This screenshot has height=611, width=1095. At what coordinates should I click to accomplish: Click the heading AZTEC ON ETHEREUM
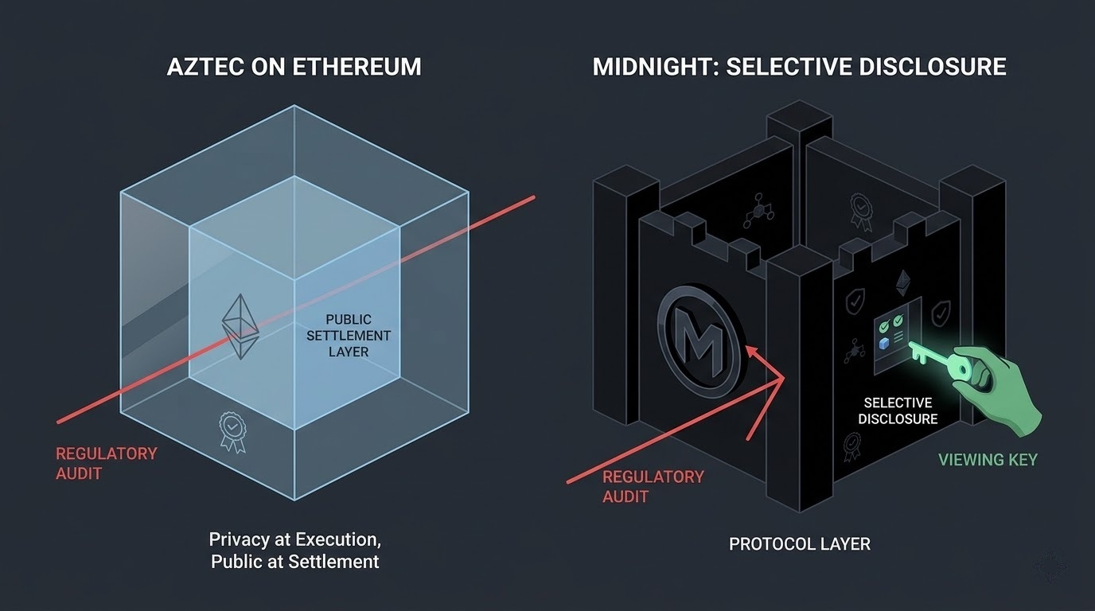[294, 66]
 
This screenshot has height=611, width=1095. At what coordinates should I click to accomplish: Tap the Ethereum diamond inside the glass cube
[241, 326]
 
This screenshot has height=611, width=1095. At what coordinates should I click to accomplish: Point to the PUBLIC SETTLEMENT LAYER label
[349, 335]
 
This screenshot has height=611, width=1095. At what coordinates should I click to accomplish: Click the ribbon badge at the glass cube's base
[231, 430]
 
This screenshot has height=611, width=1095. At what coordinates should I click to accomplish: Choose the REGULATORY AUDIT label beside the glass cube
[106, 463]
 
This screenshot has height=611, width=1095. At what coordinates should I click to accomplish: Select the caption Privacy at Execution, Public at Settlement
[294, 550]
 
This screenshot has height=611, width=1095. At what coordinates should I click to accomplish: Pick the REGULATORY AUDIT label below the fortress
[653, 486]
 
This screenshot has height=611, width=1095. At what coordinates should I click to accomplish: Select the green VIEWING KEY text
[988, 459]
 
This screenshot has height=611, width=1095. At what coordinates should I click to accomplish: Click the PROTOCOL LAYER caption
[799, 544]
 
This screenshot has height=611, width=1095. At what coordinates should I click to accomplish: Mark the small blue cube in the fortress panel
[883, 342]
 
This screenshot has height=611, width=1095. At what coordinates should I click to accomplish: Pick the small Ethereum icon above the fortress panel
[902, 281]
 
